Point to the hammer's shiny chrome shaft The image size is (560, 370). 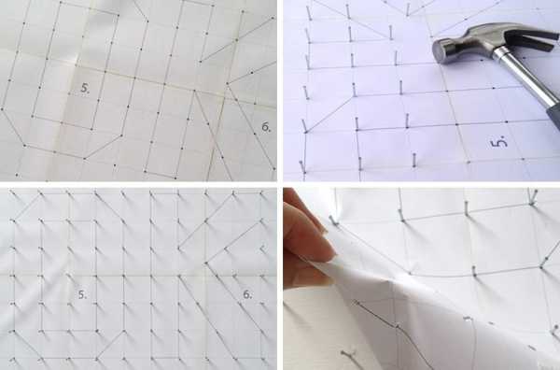click(x=525, y=76)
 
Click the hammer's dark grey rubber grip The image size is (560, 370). click(x=554, y=114)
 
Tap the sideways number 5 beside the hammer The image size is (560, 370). click(x=500, y=142)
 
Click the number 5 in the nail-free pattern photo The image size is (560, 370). click(x=85, y=88)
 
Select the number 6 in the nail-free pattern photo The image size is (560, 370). click(x=266, y=126)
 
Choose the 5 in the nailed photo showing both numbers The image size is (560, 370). click(x=82, y=294)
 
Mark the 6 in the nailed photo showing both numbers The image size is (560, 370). click(x=247, y=294)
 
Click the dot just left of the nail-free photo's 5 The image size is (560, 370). click(x=69, y=93)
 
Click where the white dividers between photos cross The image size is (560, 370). click(x=280, y=184)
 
